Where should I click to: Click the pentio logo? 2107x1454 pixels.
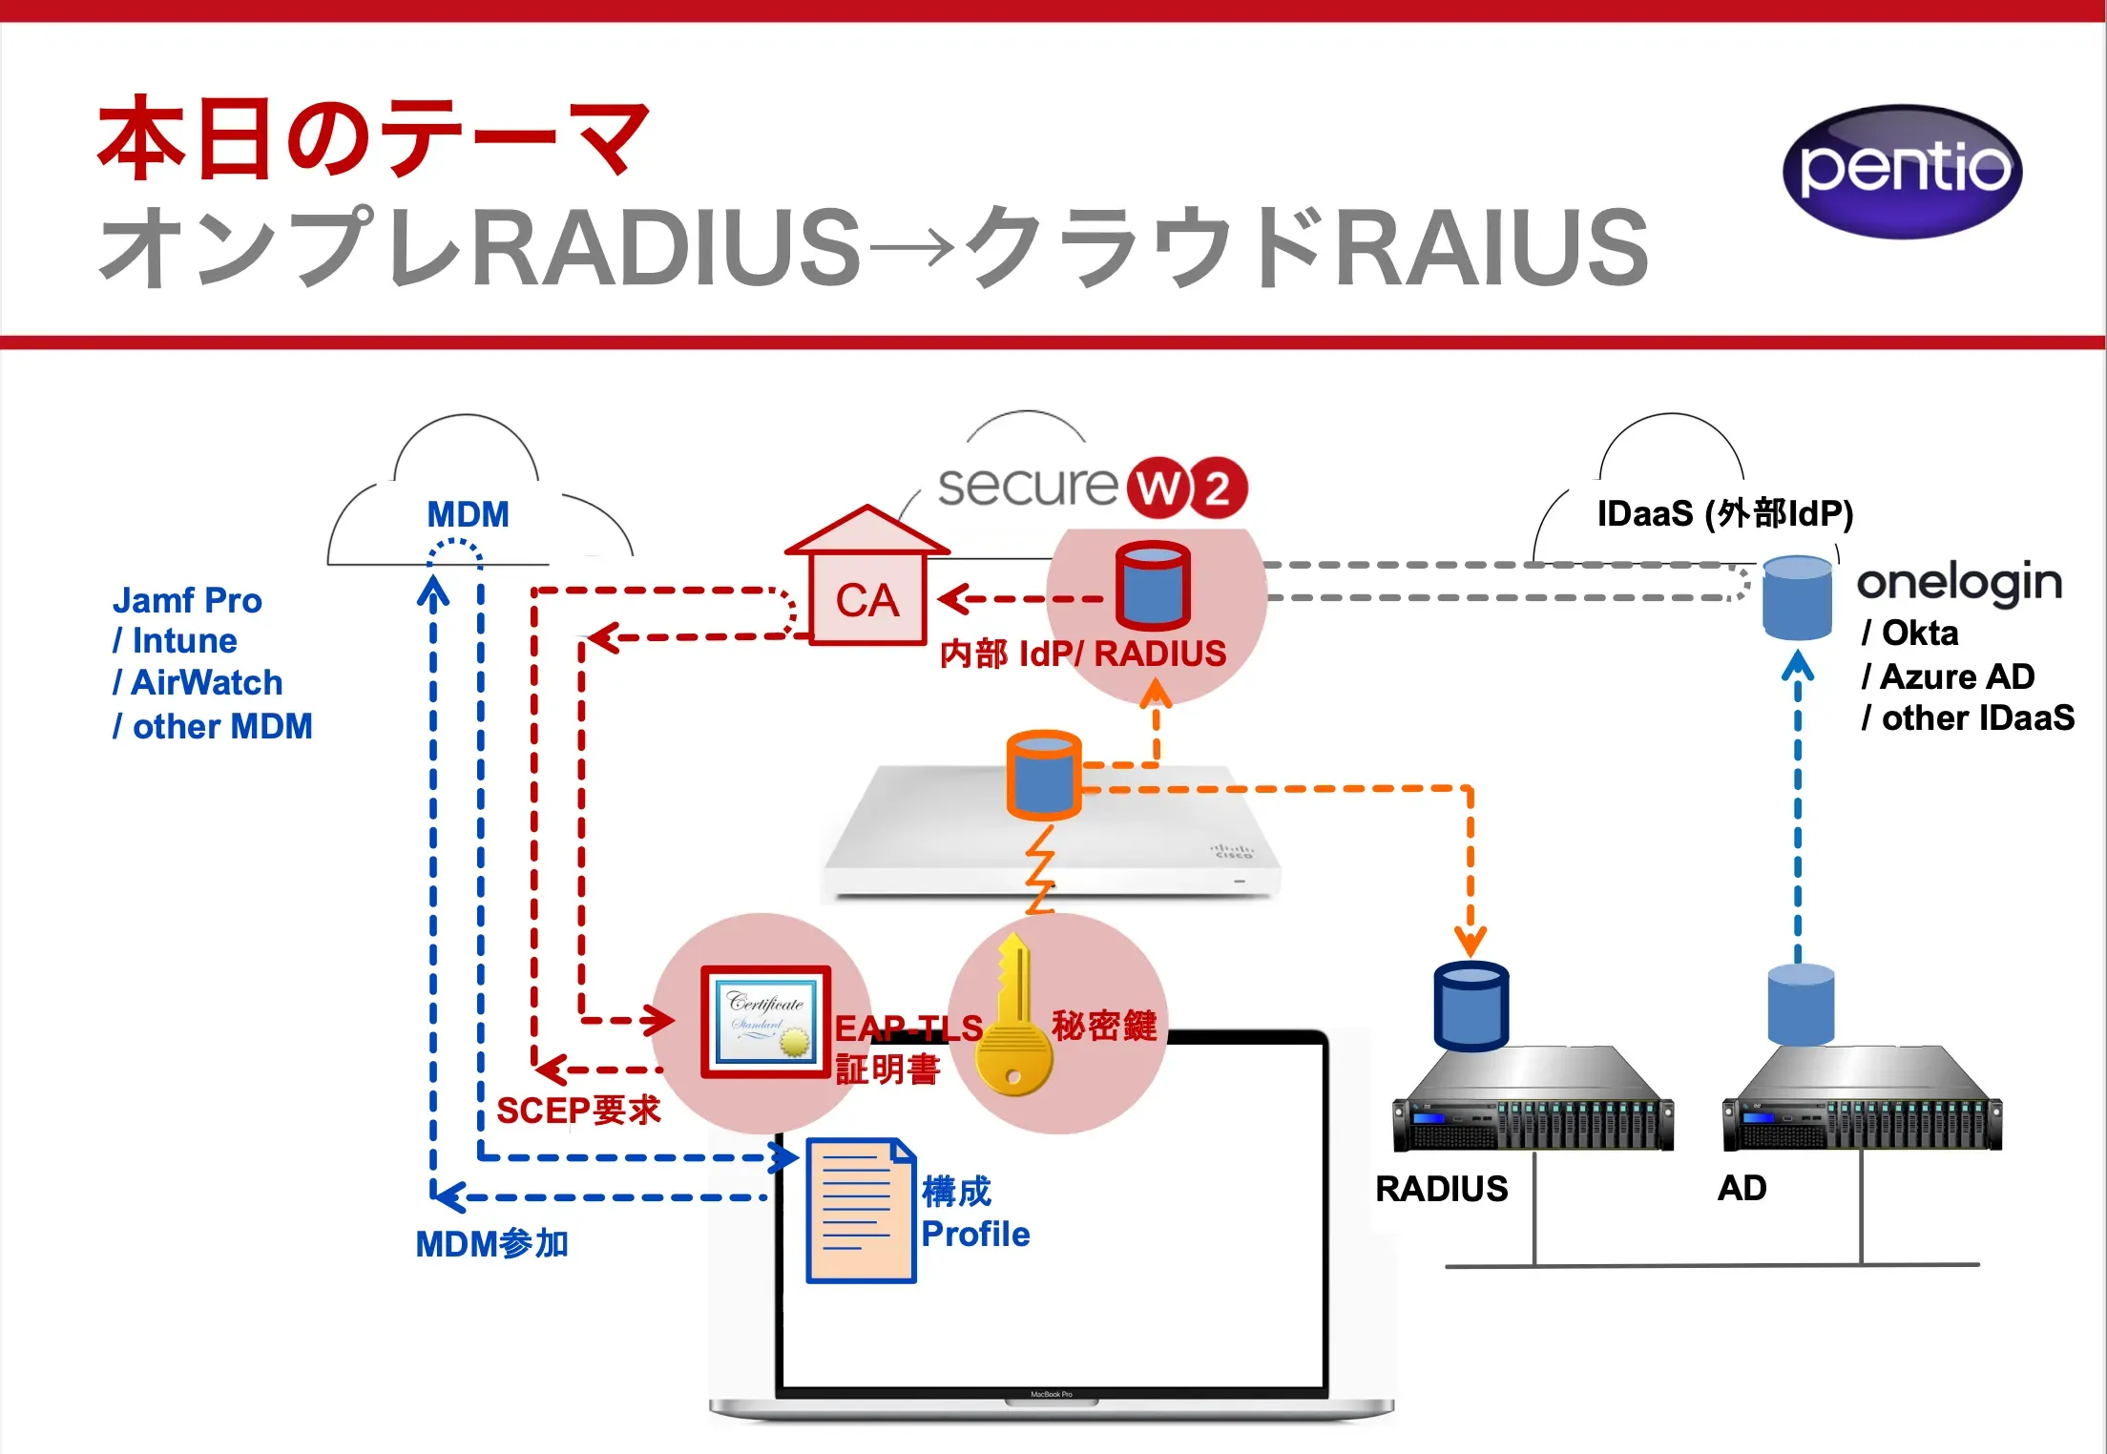click(1902, 171)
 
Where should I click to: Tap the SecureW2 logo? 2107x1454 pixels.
click(1093, 488)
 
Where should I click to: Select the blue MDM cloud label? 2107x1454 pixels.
click(468, 514)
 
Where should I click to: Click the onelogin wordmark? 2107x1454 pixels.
click(1959, 582)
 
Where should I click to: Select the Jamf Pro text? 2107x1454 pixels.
click(187, 600)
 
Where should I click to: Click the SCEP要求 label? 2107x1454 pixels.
click(578, 1110)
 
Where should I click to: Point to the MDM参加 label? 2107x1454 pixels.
click(491, 1243)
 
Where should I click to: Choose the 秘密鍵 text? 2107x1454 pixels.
click(1104, 1026)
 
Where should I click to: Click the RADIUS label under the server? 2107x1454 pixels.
click(1441, 1188)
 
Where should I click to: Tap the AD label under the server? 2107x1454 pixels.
click(1742, 1188)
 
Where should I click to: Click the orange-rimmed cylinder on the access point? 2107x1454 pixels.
click(1044, 775)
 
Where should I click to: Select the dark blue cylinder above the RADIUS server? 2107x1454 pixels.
click(1471, 1007)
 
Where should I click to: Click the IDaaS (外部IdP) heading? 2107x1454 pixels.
click(1724, 513)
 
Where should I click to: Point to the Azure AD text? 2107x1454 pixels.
click(1956, 676)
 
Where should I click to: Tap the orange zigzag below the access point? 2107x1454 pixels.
click(1041, 868)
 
